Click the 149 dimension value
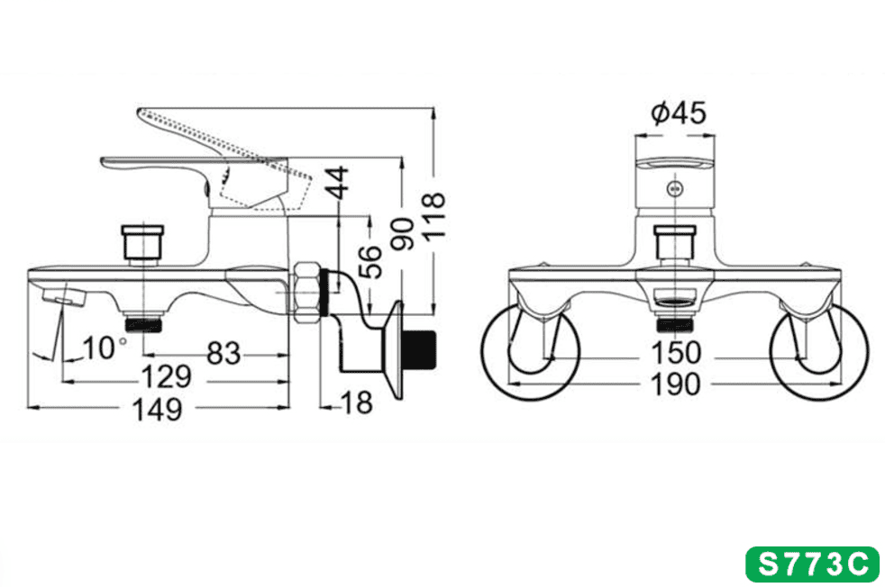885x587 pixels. pyautogui.click(x=157, y=410)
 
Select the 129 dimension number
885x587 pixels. pyautogui.click(x=166, y=376)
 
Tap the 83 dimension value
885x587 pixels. pyautogui.click(x=224, y=354)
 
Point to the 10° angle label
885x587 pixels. pyautogui.click(x=105, y=348)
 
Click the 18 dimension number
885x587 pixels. pyautogui.click(x=357, y=403)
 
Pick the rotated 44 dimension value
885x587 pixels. pyautogui.click(x=339, y=183)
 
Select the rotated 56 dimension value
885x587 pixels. pyautogui.click(x=370, y=262)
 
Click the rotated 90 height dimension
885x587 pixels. pyautogui.click(x=403, y=233)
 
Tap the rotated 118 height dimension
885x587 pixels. pyautogui.click(x=434, y=218)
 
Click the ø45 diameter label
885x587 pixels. pyautogui.click(x=678, y=113)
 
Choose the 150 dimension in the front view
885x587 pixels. pyautogui.click(x=676, y=354)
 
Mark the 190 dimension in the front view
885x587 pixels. pyautogui.click(x=676, y=385)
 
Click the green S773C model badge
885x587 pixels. pyautogui.click(x=812, y=564)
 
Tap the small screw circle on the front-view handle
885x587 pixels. pyautogui.click(x=674, y=189)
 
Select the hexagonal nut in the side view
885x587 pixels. pyautogui.click(x=306, y=292)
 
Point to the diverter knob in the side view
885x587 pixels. pyautogui.click(x=142, y=243)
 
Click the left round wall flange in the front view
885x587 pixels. pyautogui.click(x=531, y=352)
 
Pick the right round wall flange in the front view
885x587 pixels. pyautogui.click(x=819, y=352)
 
